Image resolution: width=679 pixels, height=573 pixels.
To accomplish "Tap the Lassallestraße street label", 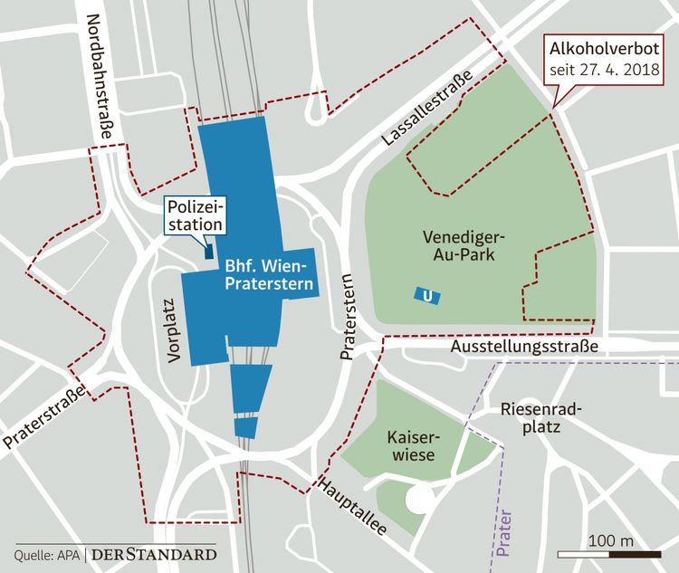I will click(426, 114).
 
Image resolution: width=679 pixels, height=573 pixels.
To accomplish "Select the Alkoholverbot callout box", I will click(607, 58).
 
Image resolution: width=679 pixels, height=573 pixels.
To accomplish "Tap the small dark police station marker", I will click(208, 251).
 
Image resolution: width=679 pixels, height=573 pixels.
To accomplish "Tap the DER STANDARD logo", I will click(155, 553).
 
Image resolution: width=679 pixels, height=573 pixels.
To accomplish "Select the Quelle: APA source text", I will click(48, 554).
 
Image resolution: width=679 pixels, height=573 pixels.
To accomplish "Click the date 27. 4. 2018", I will click(620, 70).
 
